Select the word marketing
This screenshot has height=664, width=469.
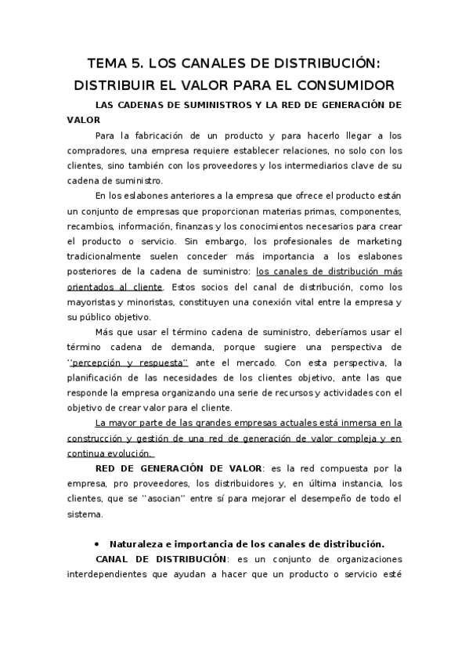click(x=378, y=242)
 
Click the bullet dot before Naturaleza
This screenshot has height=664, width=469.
click(x=96, y=543)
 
